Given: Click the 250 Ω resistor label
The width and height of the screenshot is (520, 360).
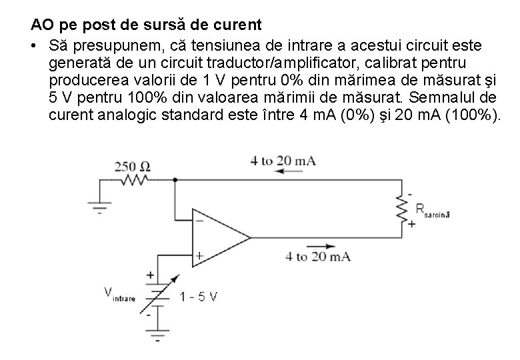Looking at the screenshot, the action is tap(132, 166).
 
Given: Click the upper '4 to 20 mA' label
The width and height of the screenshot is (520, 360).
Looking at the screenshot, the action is tap(283, 160).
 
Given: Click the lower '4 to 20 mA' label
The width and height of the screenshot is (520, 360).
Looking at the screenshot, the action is tap(317, 256).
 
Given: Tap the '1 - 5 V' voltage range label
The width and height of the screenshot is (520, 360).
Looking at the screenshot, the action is tap(198, 297).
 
